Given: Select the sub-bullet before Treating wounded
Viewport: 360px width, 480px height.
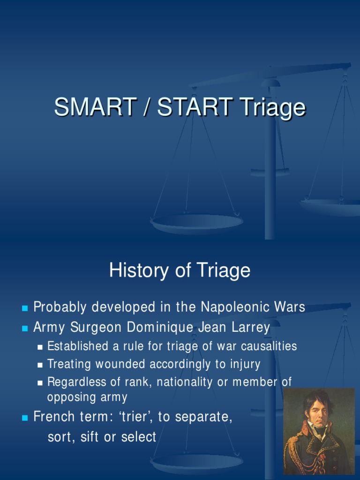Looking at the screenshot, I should tap(41, 365).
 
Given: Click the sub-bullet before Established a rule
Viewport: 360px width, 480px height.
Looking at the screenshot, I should tap(41, 347).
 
